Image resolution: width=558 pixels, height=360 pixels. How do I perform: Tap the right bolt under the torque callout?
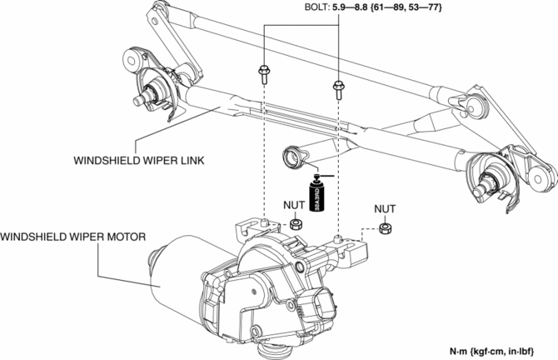(x=338, y=86)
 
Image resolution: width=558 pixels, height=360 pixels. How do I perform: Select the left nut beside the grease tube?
(x=295, y=225)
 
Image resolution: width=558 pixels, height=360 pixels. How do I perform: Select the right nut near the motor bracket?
(x=385, y=228)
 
